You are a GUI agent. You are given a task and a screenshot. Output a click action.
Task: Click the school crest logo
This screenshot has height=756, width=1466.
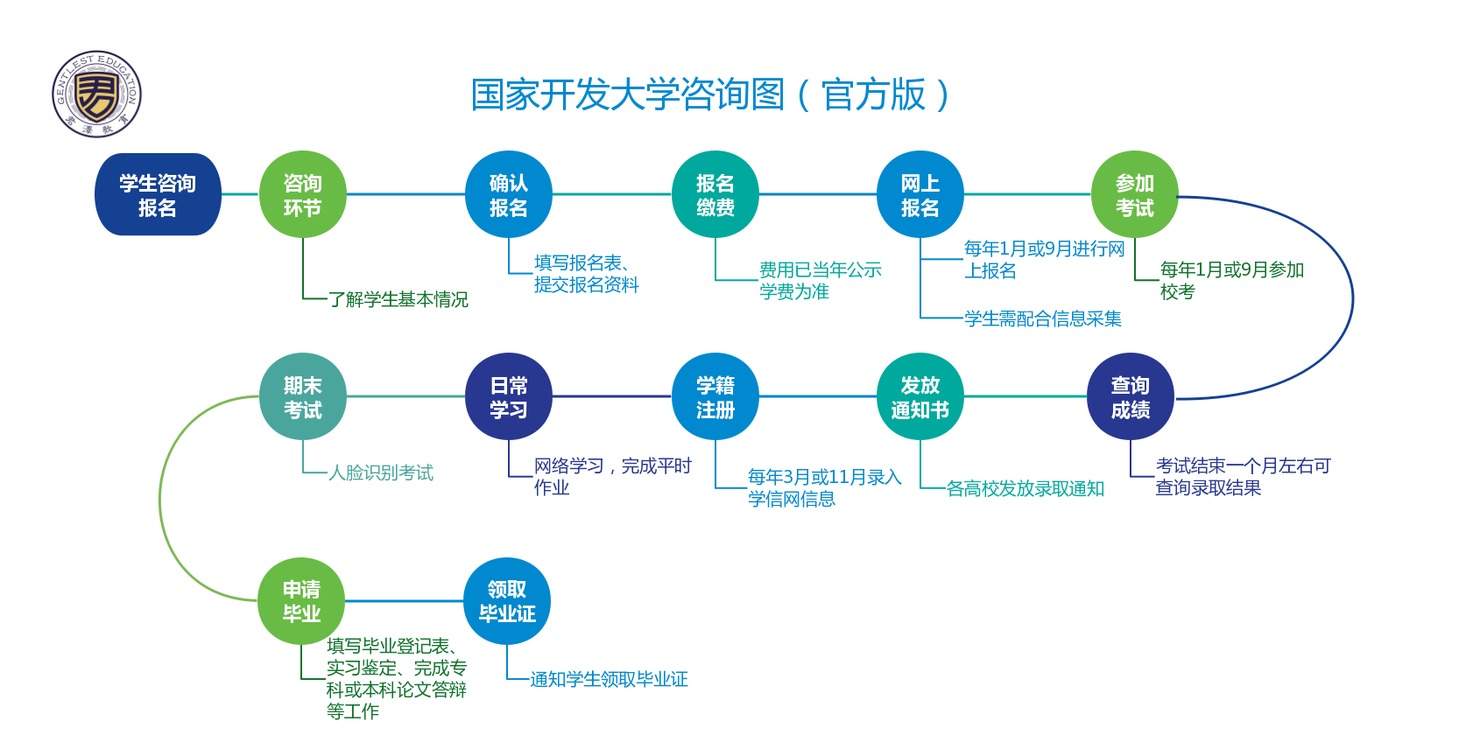(x=96, y=94)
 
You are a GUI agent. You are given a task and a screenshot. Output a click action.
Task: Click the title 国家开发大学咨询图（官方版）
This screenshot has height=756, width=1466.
(x=710, y=95)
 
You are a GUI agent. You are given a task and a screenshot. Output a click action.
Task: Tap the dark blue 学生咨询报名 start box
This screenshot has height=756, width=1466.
(x=158, y=194)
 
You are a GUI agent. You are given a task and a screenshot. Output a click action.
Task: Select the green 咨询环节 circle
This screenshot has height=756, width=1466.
(x=303, y=194)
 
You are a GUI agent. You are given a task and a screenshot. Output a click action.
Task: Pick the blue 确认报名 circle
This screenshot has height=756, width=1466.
(x=509, y=194)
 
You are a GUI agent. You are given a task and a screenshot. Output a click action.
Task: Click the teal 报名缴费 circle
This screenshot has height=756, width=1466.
(x=715, y=194)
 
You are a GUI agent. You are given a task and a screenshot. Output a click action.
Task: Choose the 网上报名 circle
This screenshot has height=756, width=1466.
(x=920, y=194)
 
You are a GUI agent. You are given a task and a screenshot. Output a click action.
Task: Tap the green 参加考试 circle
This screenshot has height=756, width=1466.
(x=1135, y=194)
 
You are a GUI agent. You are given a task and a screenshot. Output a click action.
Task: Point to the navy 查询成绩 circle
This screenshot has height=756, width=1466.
(x=1131, y=396)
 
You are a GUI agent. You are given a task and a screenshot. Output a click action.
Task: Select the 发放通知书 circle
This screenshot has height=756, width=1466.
(x=920, y=396)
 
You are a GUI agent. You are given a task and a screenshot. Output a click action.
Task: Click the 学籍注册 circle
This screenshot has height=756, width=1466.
(x=715, y=396)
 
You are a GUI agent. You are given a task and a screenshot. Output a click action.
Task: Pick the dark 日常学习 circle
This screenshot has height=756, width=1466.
(x=509, y=396)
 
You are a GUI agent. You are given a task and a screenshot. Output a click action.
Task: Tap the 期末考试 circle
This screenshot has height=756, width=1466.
(x=303, y=396)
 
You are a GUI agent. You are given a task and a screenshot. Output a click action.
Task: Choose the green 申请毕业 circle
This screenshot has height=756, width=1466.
(x=301, y=601)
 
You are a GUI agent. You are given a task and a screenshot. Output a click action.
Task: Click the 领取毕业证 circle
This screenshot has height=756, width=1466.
(x=507, y=601)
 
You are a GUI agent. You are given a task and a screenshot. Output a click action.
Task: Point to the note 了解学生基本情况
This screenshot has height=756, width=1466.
(x=398, y=299)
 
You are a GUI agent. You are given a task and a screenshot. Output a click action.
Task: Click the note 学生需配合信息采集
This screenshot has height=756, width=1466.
(x=1042, y=318)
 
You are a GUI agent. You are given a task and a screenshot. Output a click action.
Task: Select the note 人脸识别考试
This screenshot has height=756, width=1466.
(x=381, y=472)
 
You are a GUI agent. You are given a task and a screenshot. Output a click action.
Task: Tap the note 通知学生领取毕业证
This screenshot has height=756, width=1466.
(x=609, y=679)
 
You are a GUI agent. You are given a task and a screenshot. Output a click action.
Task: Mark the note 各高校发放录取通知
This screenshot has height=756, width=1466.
(x=1025, y=488)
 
